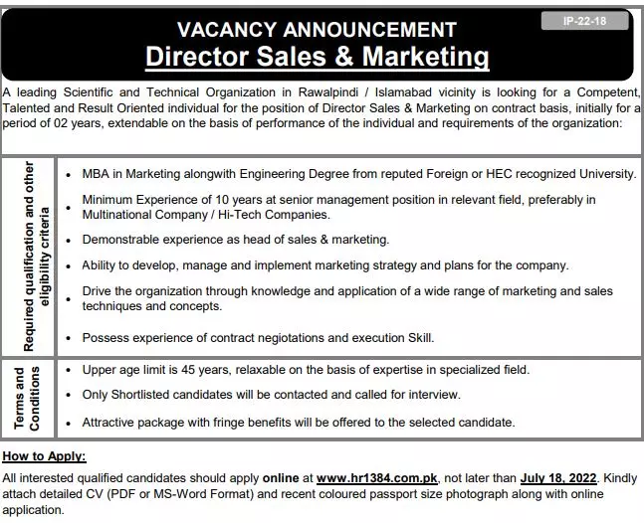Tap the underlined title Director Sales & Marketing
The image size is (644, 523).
[x=318, y=57]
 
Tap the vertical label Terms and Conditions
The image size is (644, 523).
[x=27, y=397]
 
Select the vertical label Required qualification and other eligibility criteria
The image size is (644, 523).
[x=27, y=257]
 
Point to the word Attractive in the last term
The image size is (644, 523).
[x=110, y=422]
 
